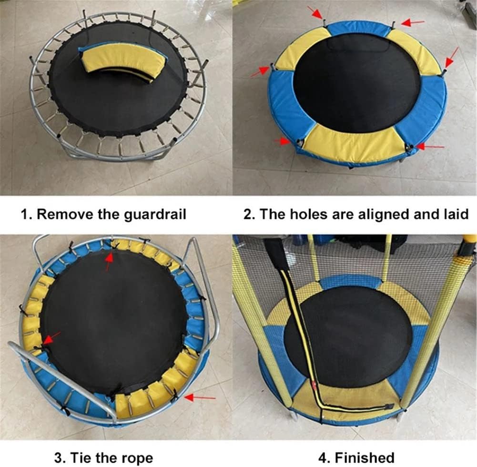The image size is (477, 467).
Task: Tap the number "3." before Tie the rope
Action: [x=61, y=458]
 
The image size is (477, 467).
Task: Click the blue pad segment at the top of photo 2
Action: [x=357, y=28]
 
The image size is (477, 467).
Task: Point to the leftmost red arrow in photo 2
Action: [x=260, y=72]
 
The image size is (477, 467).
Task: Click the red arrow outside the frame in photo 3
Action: [x=200, y=396]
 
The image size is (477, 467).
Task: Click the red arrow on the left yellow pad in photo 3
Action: [x=51, y=338]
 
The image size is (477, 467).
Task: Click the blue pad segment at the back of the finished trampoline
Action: [x=350, y=281]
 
